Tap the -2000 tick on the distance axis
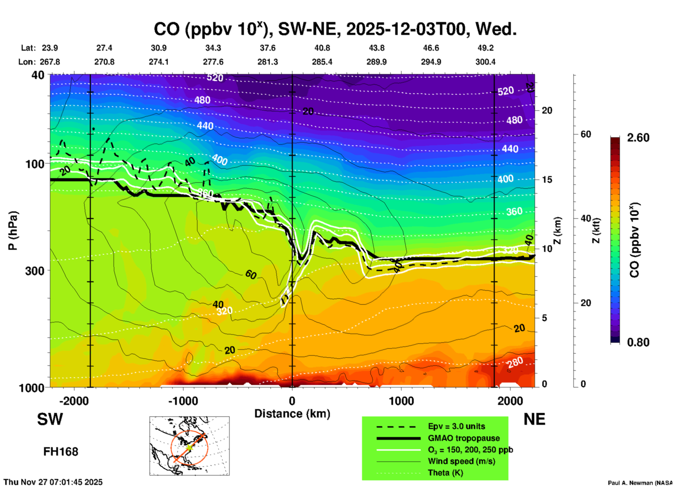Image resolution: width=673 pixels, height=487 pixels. (74, 401)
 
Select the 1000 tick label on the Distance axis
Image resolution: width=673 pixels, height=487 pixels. (401, 401)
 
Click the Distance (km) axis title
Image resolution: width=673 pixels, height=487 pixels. (292, 414)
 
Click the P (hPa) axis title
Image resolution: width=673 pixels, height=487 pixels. (13, 231)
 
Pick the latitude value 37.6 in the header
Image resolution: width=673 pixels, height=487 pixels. (267, 48)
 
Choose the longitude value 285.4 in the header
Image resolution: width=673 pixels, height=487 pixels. (322, 62)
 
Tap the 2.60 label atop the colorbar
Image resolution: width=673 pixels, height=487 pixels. (638, 138)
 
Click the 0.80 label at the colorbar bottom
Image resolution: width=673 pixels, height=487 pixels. (638, 342)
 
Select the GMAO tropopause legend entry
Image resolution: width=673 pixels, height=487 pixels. (464, 438)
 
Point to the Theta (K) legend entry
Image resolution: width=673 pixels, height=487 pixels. (445, 473)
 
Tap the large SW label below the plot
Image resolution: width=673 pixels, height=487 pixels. (50, 419)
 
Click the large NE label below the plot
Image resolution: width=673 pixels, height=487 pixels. (534, 419)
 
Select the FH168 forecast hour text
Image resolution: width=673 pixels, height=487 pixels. (61, 452)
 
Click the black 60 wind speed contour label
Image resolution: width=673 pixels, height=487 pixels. (251, 275)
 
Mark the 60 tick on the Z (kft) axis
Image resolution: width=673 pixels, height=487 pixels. (586, 134)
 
